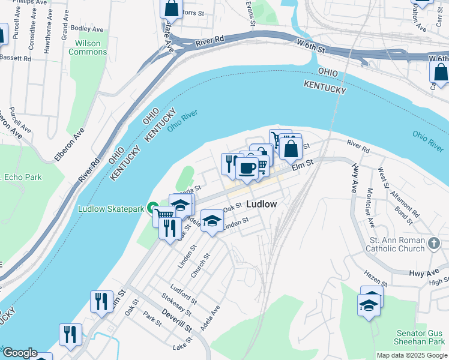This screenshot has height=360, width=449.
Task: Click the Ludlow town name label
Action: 262,204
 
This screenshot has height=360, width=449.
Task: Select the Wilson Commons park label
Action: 88,47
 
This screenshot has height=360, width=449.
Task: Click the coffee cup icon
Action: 247,167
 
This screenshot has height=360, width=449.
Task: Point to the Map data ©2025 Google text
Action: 411,355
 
